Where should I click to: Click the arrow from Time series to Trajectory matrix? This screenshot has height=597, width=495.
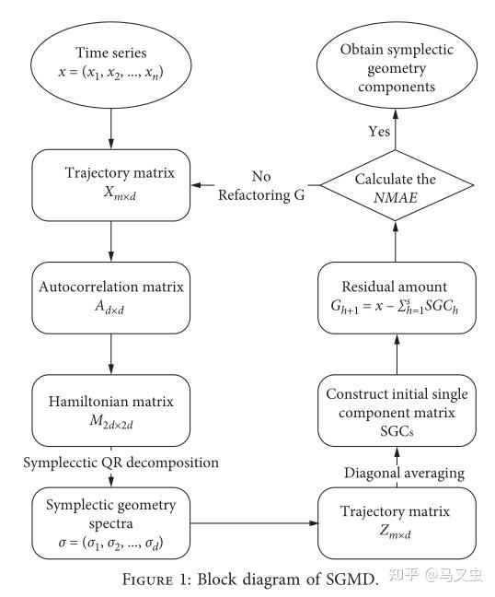click(109, 128)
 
